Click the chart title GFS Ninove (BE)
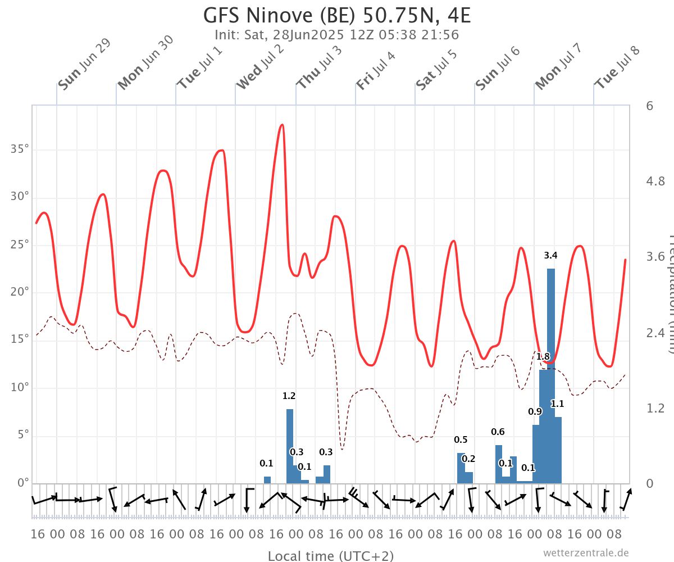tap(337, 15)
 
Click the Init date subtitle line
tap(337, 35)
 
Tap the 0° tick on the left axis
tap(23, 483)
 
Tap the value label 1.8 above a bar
tap(543, 356)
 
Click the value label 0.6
tap(498, 432)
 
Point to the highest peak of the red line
tap(282, 125)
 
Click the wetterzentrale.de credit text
tap(586, 552)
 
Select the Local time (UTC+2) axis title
tap(331, 556)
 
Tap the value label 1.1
tap(557, 404)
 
